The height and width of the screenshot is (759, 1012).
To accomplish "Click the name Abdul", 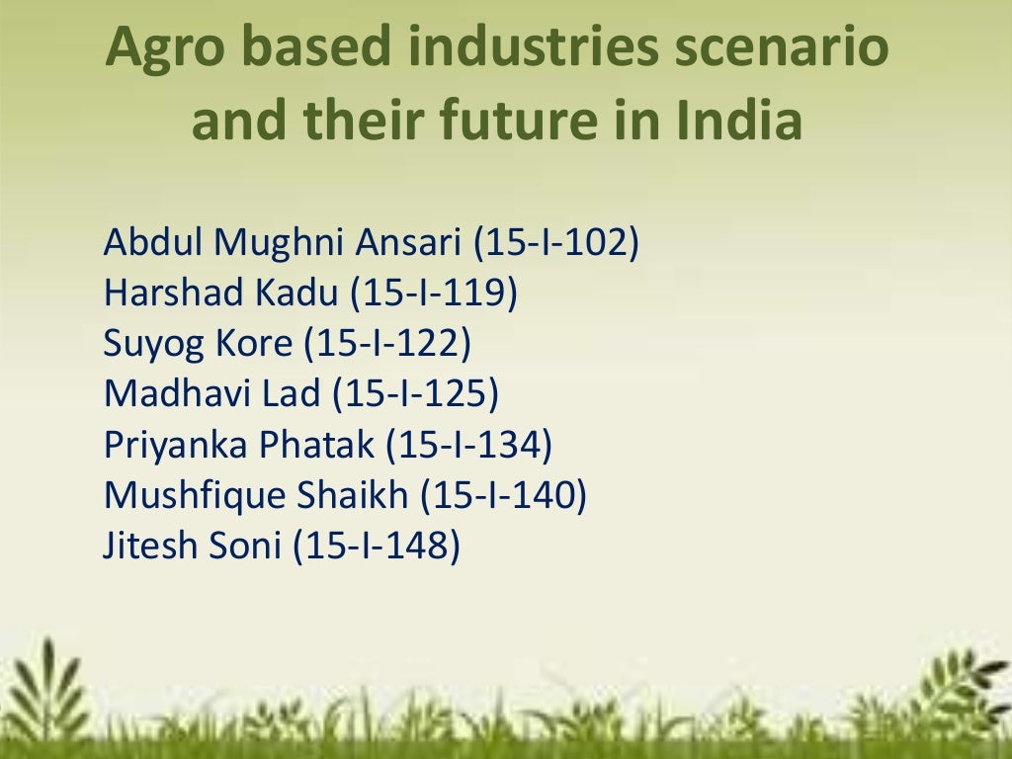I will pyautogui.click(x=151, y=242).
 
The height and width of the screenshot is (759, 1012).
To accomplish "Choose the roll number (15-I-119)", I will pyautogui.click(x=434, y=294).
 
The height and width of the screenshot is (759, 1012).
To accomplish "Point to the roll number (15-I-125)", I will pyautogui.click(x=415, y=394).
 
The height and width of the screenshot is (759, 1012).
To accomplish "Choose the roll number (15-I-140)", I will pyautogui.click(x=504, y=495).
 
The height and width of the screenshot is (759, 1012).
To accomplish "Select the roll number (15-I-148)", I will pyautogui.click(x=377, y=547).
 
